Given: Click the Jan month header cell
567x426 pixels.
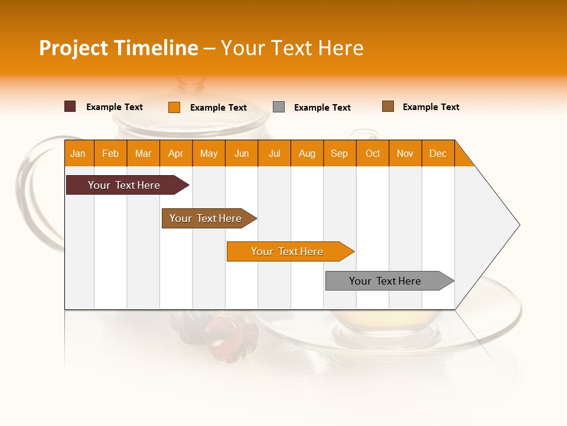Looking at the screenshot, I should pyautogui.click(x=79, y=153).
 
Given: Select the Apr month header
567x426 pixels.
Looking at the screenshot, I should pyautogui.click(x=176, y=153).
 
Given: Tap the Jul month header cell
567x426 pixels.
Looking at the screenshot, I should pyautogui.click(x=274, y=153).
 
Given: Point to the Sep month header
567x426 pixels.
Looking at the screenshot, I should pyautogui.click(x=340, y=153).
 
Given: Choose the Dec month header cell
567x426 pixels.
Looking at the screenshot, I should pyautogui.click(x=438, y=153).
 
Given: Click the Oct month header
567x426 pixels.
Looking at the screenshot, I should pyautogui.click(x=373, y=153).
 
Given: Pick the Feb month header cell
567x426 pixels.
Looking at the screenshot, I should pyautogui.click(x=110, y=153).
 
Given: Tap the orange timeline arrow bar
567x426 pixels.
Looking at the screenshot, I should pyautogui.click(x=288, y=251).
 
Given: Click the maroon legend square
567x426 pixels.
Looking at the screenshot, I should pyautogui.click(x=70, y=106).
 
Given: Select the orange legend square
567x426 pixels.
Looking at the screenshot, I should pyautogui.click(x=174, y=107).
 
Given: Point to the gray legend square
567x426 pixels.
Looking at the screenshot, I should pyautogui.click(x=279, y=107).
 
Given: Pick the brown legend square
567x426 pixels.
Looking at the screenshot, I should pyautogui.click(x=388, y=106).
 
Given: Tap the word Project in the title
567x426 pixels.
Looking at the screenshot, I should pyautogui.click(x=73, y=48).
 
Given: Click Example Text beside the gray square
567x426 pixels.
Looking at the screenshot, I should pyautogui.click(x=322, y=108).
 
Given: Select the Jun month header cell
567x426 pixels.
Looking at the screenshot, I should pyautogui.click(x=242, y=153).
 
